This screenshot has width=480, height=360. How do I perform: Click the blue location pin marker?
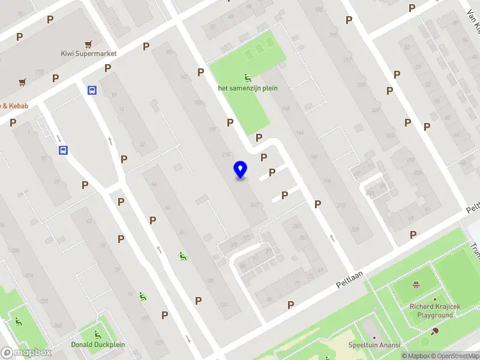[x=240, y=170]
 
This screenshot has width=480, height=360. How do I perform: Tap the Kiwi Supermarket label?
[x=89, y=53]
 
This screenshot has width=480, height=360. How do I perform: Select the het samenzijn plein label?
[x=247, y=88]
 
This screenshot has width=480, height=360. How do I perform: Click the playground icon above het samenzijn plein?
[x=247, y=77]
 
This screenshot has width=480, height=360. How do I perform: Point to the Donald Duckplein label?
[x=97, y=344]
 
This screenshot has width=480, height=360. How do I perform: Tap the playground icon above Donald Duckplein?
[x=97, y=334]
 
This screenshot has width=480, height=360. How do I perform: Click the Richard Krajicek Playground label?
[x=435, y=311]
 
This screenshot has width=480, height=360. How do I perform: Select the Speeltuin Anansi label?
[x=374, y=345]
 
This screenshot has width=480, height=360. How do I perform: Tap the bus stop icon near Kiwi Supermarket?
[x=92, y=91]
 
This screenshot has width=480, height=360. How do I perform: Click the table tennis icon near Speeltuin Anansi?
[x=435, y=330]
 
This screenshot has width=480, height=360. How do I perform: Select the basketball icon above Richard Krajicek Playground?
[x=415, y=285]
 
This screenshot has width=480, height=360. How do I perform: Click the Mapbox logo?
[x=26, y=352]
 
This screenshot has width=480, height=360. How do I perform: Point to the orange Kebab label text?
[x=15, y=106]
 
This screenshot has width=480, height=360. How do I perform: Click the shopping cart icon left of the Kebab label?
[x=22, y=82]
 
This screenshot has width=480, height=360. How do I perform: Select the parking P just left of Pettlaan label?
[x=291, y=305]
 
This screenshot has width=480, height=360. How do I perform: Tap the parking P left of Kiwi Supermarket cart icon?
[x=50, y=19]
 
